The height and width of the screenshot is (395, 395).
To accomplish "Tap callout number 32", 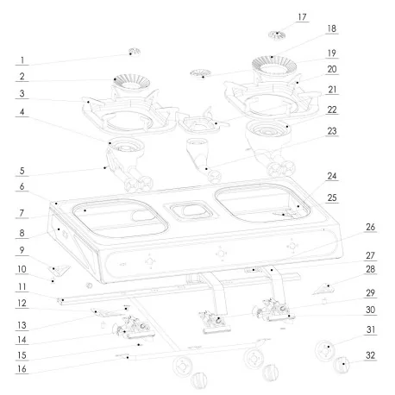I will point(370,354).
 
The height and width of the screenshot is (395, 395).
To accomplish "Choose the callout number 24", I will point(331,174).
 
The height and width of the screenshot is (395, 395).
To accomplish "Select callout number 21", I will point(331,91).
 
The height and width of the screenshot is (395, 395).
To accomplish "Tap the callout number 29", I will point(370,294).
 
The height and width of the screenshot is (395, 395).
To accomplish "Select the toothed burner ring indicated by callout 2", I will point(127,84).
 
